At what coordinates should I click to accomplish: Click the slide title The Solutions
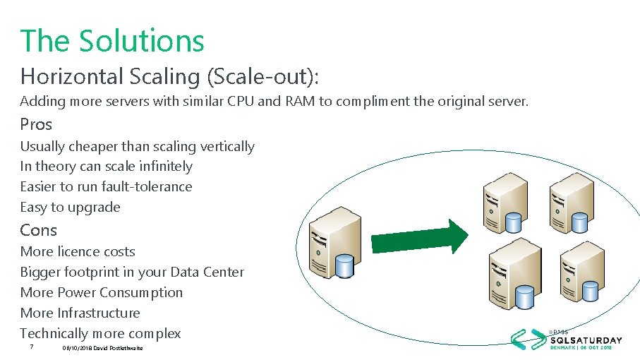112,40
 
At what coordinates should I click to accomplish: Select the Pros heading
36,124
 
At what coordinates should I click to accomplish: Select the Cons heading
38,230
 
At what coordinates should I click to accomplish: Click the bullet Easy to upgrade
70,207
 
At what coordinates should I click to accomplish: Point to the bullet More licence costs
78,251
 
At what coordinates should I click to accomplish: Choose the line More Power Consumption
101,292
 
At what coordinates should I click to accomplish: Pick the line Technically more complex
100,333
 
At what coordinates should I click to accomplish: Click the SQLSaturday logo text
586,340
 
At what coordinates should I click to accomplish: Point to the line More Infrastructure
80,313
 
